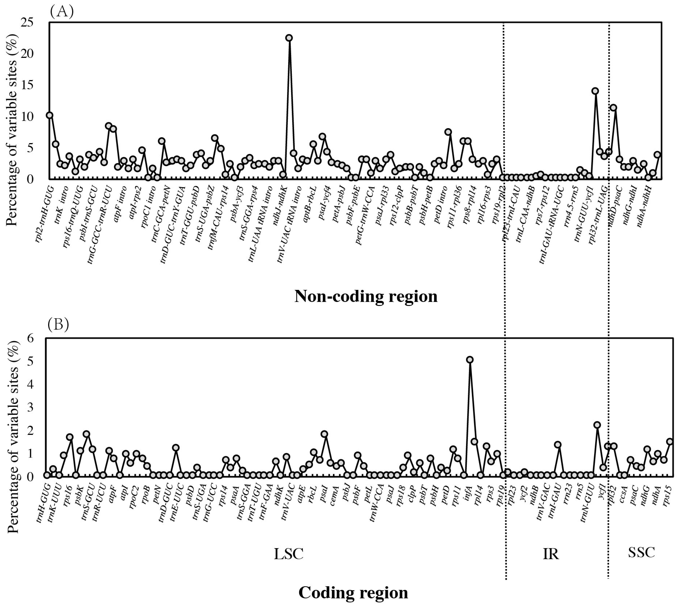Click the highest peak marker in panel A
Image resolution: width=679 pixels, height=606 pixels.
pyautogui.click(x=289, y=38)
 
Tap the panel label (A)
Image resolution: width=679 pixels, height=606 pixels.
pyautogui.click(x=62, y=12)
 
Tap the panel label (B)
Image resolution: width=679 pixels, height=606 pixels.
pyautogui.click(x=59, y=325)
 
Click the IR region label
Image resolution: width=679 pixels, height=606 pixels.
pyautogui.click(x=550, y=554)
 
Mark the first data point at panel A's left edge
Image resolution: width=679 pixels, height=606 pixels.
pyautogui.click(x=50, y=115)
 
